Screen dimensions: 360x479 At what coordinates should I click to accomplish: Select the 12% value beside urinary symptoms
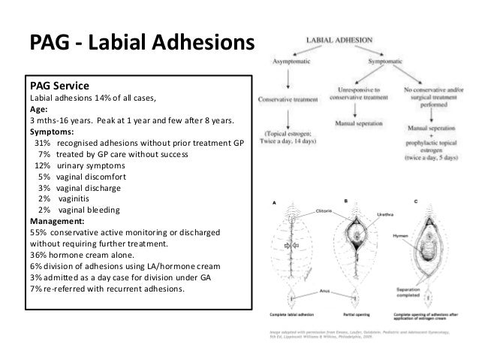point(43,165)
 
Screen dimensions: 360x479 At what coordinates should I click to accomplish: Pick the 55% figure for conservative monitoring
point(38,233)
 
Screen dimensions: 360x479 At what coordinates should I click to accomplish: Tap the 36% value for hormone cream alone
point(38,256)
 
